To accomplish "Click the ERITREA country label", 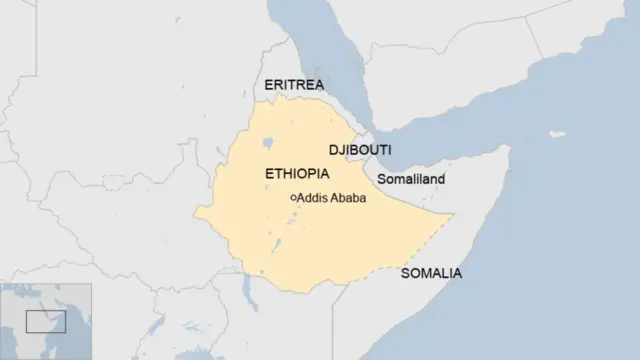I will click(x=294, y=85).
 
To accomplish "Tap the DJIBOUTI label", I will click(x=360, y=150).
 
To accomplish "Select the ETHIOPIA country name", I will click(x=297, y=174).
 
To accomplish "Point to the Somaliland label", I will click(x=410, y=179).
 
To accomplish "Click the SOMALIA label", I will click(x=431, y=273).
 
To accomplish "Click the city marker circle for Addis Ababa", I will click(x=293, y=198).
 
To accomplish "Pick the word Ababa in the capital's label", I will click(x=347, y=198).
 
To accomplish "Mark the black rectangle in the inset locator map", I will click(x=45, y=321).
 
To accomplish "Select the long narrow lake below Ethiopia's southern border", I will click(x=246, y=290).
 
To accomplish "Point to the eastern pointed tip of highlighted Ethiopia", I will click(x=453, y=215).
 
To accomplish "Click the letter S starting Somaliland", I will click(x=381, y=179).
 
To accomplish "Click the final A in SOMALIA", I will click(x=457, y=273).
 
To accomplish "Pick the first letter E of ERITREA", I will click(x=269, y=85).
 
